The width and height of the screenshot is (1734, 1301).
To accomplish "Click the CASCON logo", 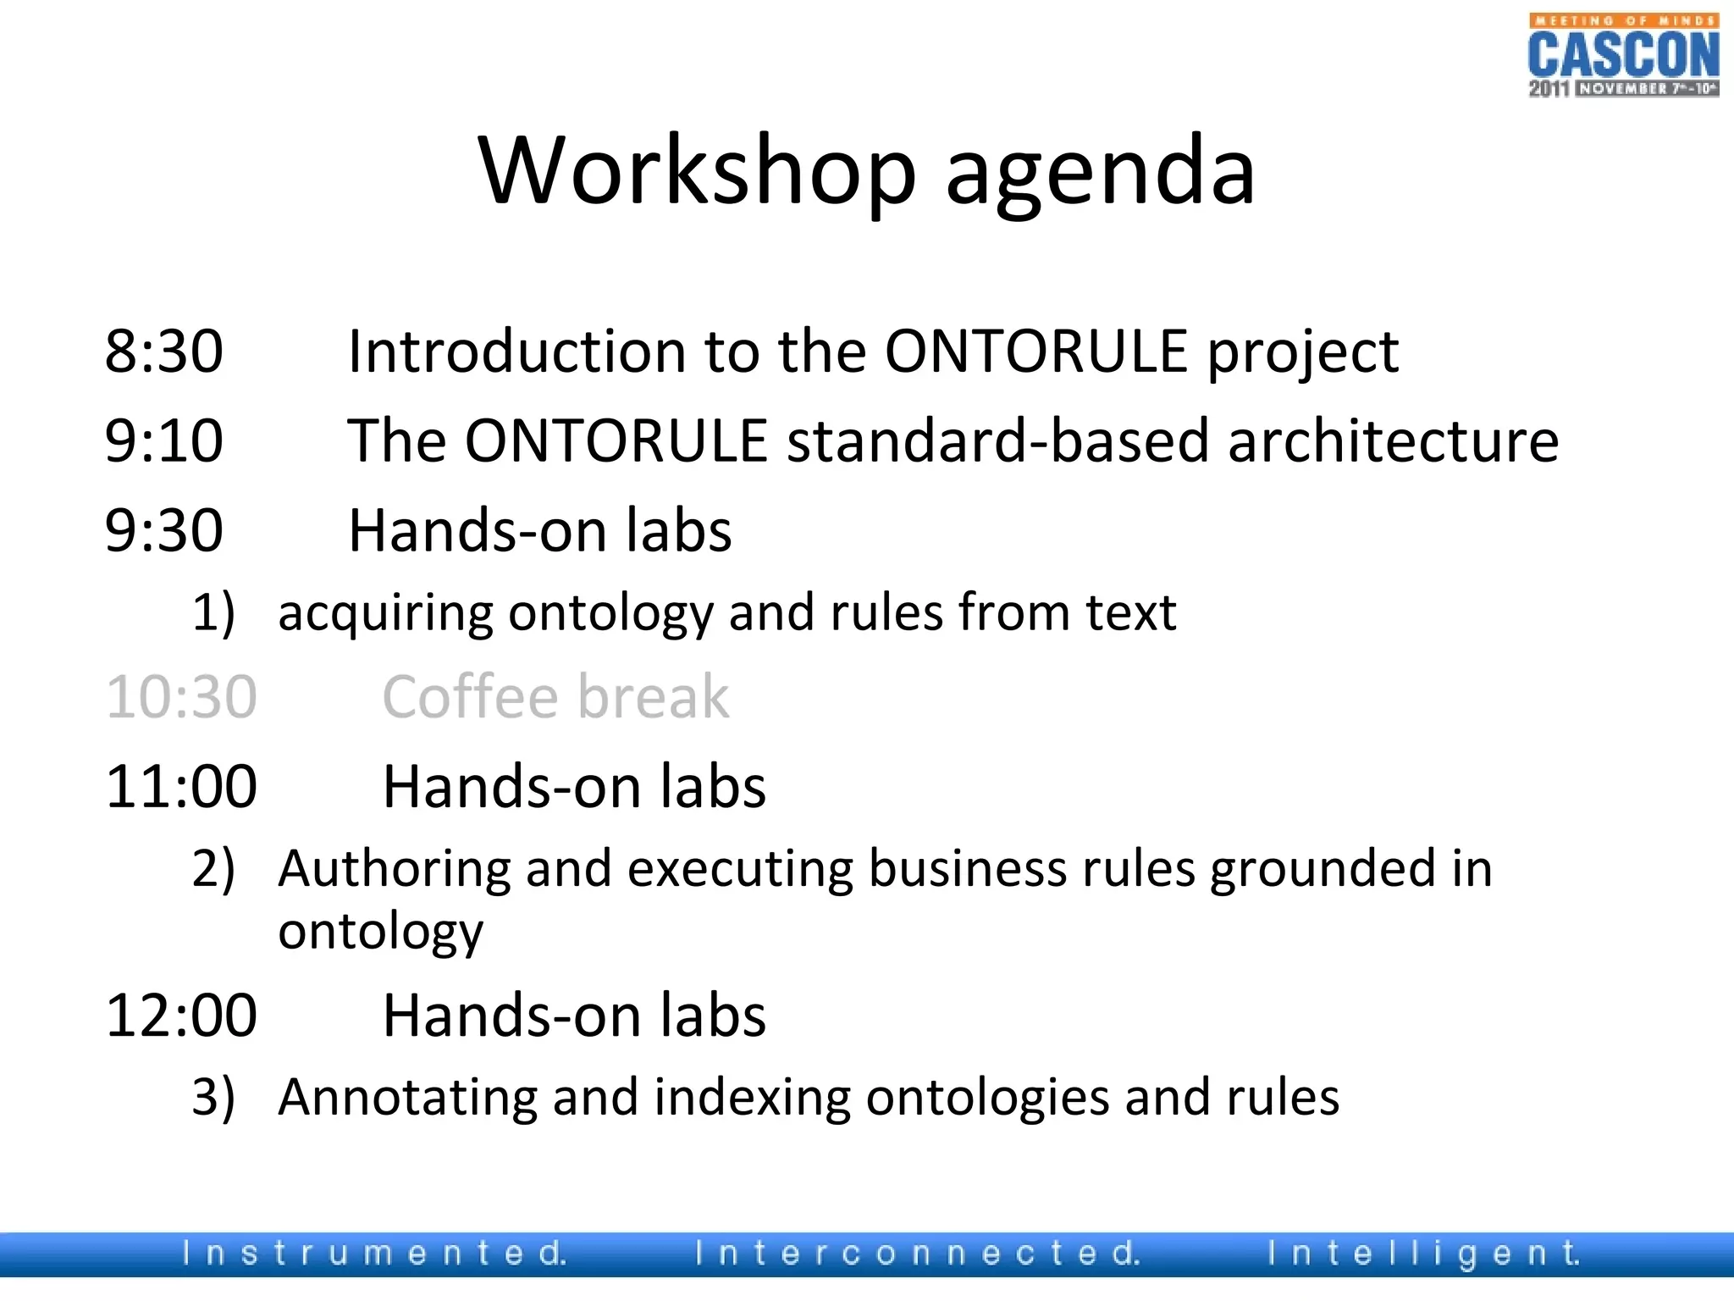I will click(x=1623, y=55).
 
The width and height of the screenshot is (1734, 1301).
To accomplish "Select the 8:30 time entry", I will click(x=163, y=352).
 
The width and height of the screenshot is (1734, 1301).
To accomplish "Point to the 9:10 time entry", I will click(x=163, y=441).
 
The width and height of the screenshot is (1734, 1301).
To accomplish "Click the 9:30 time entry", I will click(x=163, y=531).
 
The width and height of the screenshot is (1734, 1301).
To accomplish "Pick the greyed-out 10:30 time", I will click(x=180, y=697).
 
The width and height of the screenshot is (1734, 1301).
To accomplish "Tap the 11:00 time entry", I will click(x=180, y=787).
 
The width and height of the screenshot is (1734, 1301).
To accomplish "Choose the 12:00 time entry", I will click(x=180, y=1016).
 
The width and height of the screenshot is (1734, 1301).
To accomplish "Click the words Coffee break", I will click(x=555, y=697).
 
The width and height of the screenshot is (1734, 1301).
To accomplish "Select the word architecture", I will click(x=1393, y=441).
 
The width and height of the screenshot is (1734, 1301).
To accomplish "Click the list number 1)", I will click(x=213, y=612).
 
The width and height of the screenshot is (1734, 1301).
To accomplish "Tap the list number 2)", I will click(x=213, y=869).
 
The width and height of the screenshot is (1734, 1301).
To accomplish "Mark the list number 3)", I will click(x=213, y=1098).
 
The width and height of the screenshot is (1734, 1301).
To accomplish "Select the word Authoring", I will click(x=393, y=869).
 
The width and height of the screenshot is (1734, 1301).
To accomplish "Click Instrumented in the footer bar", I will click(x=373, y=1253).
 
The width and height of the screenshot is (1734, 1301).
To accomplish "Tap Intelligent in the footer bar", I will click(x=1422, y=1253).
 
